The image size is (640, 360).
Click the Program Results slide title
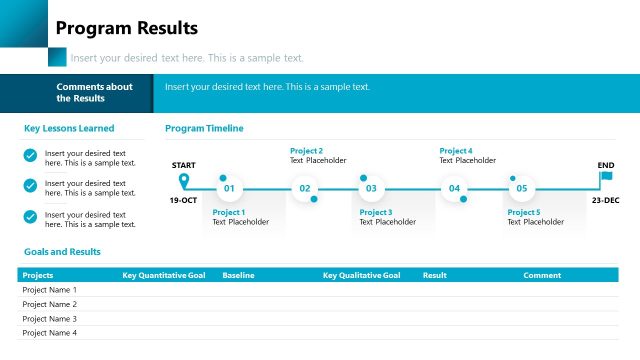[126, 28]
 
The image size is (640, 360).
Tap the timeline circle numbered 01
[228, 188]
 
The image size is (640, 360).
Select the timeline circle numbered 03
[371, 188]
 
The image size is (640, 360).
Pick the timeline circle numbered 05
[521, 188]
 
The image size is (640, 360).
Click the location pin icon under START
[183, 181]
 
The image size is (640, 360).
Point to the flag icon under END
[606, 178]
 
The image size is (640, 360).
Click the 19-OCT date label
[183, 200]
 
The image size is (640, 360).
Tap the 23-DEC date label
[605, 200]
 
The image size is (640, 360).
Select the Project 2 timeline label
[306, 151]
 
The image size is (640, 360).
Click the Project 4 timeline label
[456, 151]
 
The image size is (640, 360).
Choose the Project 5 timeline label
[523, 212]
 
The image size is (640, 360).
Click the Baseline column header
[238, 274]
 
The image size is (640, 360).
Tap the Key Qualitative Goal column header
[361, 274]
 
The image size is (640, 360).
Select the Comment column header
[542, 274]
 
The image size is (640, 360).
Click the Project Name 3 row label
[49, 318]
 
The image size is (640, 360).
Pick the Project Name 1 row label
[49, 290]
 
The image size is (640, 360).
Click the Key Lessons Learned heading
[69, 128]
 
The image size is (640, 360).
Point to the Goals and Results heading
[62, 252]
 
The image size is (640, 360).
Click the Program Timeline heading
[204, 128]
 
